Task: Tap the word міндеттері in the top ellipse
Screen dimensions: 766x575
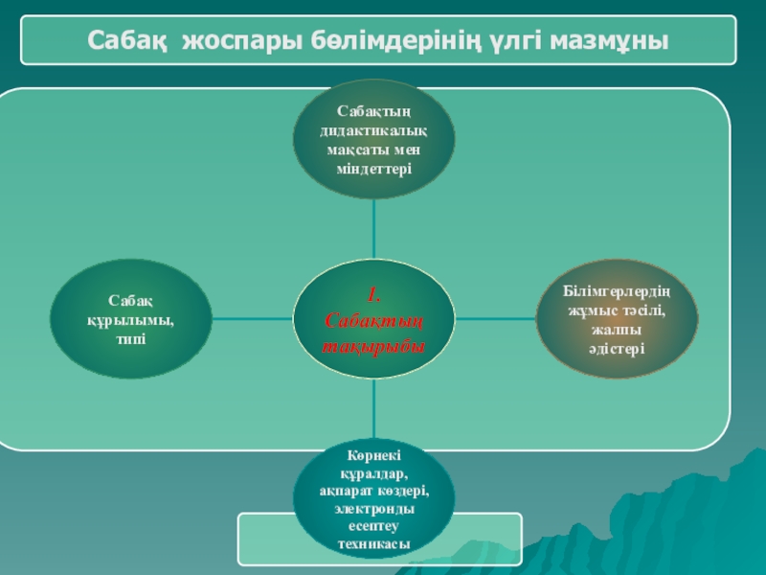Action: [x=373, y=169]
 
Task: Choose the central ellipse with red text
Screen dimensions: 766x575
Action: [x=373, y=319]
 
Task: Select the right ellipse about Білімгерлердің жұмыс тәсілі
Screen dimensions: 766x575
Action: [x=617, y=319]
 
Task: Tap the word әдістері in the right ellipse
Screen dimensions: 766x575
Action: [x=617, y=347]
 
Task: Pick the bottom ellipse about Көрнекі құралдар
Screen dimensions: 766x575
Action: [x=373, y=503]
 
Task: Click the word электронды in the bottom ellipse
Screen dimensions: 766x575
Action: [x=373, y=509]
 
